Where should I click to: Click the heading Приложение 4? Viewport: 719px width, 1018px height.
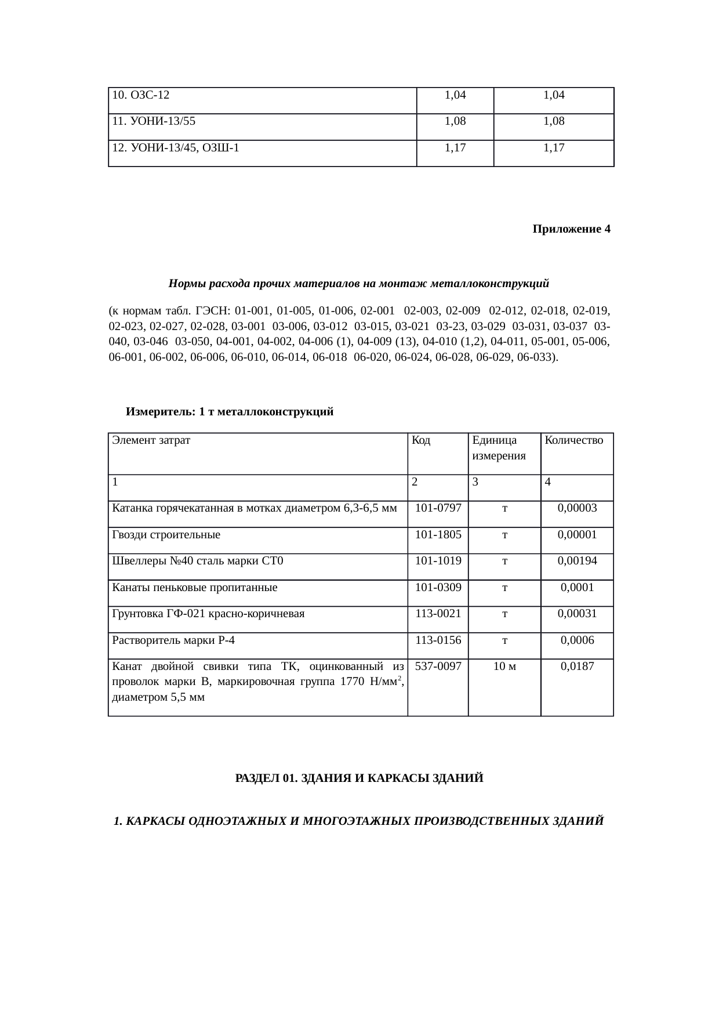(x=571, y=229)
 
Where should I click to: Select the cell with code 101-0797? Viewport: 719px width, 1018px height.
(x=438, y=508)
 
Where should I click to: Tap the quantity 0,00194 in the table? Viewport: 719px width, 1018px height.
(x=577, y=561)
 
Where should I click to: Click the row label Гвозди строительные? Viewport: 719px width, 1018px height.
(x=166, y=535)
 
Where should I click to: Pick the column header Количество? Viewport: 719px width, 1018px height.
(x=574, y=440)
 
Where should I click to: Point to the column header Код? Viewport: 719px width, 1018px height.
(x=420, y=440)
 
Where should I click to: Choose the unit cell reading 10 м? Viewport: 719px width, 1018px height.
(x=504, y=666)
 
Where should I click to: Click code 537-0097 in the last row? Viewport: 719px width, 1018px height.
(x=438, y=666)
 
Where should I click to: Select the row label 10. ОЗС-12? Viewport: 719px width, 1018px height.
(x=140, y=95)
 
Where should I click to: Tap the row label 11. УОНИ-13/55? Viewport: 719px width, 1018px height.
(x=154, y=122)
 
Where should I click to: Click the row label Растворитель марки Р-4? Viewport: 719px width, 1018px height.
(x=173, y=640)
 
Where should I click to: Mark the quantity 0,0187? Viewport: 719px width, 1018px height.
(x=577, y=666)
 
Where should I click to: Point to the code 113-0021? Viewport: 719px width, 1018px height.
(x=438, y=614)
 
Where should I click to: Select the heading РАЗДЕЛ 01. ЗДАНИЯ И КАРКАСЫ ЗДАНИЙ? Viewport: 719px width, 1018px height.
(x=359, y=778)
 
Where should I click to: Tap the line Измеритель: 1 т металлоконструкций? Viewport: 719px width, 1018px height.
(x=230, y=412)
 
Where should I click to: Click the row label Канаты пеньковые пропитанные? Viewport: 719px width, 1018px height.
(x=194, y=588)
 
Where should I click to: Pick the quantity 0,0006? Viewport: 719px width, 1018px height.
(x=577, y=640)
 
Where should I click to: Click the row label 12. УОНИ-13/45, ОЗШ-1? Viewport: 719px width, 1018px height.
(x=176, y=148)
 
